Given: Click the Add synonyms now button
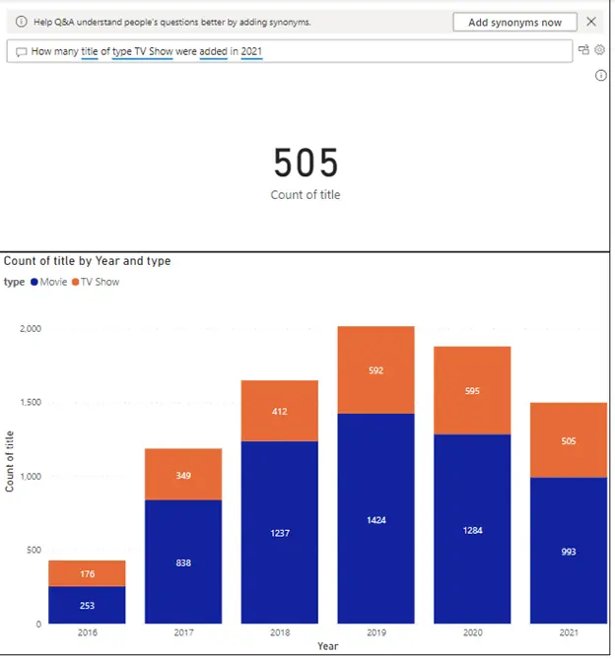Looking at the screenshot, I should [514, 22].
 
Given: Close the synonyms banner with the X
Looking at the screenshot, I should [591, 22].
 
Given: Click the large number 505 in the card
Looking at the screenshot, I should [306, 163].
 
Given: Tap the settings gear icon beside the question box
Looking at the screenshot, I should [598, 50].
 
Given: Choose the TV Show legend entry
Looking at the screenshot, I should [94, 282].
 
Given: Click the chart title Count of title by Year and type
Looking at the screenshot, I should [87, 261].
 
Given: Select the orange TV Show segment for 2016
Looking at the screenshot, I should [87, 573].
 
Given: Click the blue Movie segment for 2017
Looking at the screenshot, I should [183, 561].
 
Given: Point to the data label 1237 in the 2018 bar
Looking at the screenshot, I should [279, 533].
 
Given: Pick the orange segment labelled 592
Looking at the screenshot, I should [376, 370].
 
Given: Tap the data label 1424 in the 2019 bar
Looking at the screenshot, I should [376, 518].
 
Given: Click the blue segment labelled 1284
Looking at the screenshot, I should [472, 529].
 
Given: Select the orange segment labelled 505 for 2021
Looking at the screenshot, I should [569, 440].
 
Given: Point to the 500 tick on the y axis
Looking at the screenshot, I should [34, 550].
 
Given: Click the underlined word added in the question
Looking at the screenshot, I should [213, 51].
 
